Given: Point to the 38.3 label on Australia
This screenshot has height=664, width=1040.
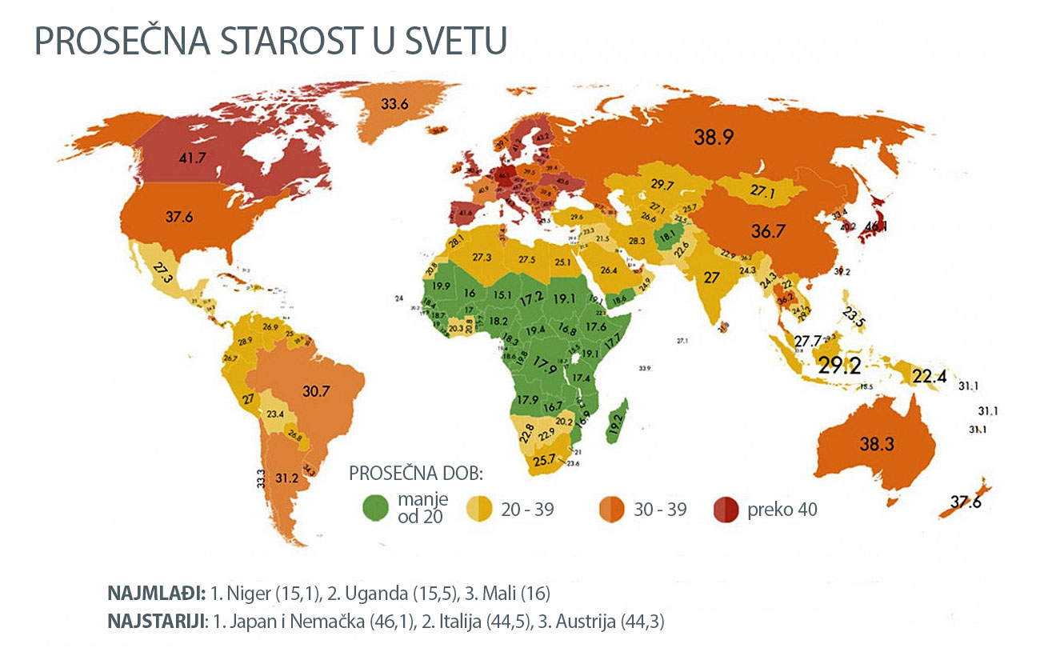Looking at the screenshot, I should click(x=875, y=446).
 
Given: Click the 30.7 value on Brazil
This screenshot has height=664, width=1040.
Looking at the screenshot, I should click(x=317, y=391).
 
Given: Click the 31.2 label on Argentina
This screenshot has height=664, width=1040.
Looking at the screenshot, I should click(x=286, y=478).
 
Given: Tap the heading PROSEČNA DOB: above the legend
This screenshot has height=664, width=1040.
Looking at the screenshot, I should click(x=416, y=473).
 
